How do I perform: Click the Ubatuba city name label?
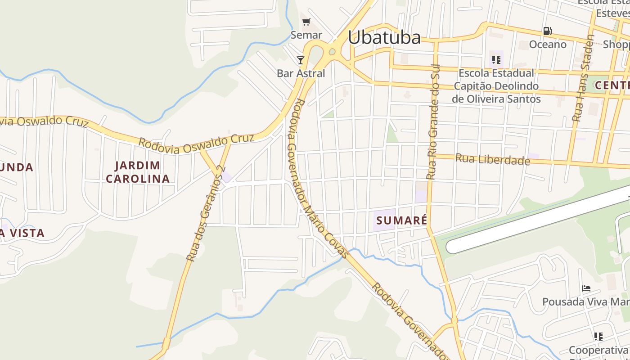point(384,37)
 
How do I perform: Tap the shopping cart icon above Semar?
point(306,22)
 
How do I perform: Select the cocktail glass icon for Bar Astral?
point(301,60)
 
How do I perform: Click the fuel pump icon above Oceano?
point(547,31)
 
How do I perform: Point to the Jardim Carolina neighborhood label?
point(138,172)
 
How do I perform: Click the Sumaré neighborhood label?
point(401,220)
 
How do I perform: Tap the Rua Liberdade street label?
point(492,159)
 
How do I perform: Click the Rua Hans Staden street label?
point(584,78)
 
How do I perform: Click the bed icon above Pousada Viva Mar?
point(586,288)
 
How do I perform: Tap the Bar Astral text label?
point(301,73)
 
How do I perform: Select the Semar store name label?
point(306,35)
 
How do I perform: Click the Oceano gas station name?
point(547,44)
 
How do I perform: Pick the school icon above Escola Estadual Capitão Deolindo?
point(496,59)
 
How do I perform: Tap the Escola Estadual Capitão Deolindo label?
point(496,85)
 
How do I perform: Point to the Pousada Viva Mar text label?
point(585,301)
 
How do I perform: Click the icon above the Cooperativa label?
point(598,336)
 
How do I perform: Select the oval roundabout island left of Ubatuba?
point(333,52)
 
